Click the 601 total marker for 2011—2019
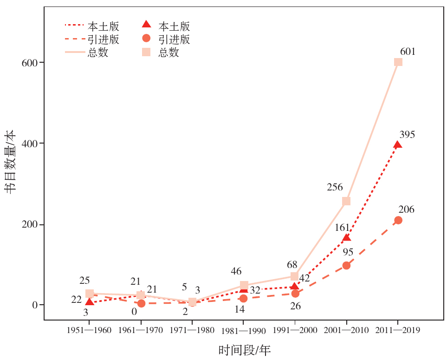[x=398, y=62]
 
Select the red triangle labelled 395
[x=398, y=144]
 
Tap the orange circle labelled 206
[x=398, y=220]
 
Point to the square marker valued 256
[x=346, y=201]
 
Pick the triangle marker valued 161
[x=346, y=238]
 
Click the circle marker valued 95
[x=346, y=266]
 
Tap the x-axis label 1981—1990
[x=243, y=331]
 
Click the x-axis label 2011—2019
[x=398, y=330]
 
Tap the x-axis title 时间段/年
[x=244, y=350]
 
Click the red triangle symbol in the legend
[x=146, y=25]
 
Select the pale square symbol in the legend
[x=146, y=52]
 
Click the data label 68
[x=292, y=265]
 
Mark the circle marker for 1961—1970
[x=141, y=303]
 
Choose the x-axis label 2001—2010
[x=346, y=330]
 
